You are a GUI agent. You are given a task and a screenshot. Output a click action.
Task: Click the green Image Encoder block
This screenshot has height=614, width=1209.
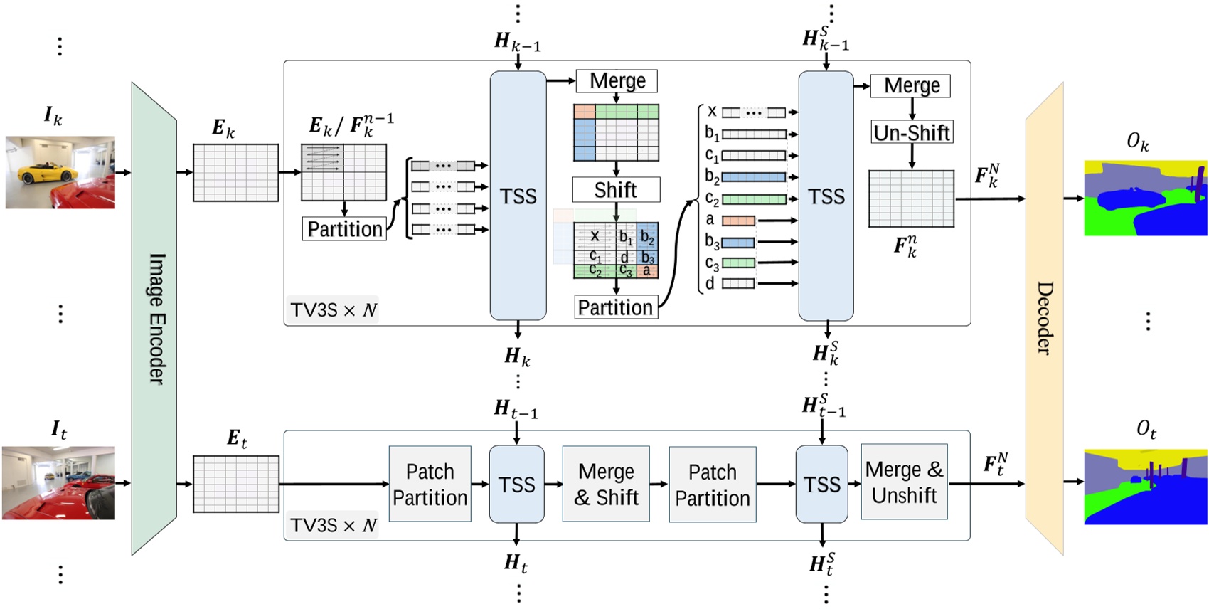154,319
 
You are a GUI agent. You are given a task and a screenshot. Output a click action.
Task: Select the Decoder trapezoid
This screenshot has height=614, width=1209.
1044,319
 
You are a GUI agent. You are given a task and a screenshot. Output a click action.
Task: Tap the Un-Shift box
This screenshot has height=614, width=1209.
912,132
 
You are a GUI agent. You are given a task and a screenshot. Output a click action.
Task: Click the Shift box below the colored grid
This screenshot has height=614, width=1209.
616,190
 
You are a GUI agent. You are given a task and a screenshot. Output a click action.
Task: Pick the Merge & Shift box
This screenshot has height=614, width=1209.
606,485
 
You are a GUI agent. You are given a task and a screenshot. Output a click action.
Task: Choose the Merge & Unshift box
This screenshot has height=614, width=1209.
904,482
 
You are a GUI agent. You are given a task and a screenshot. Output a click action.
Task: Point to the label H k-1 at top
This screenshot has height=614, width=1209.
517,41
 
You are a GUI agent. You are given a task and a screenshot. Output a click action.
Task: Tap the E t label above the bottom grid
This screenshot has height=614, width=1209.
237,438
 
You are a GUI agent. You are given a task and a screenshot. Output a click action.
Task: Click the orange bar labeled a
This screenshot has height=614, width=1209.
738,221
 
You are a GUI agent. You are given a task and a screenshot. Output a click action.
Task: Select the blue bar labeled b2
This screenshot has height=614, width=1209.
754,177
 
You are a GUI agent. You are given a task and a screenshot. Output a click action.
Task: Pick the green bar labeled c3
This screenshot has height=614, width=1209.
738,263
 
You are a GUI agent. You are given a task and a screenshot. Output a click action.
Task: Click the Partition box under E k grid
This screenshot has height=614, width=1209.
345,229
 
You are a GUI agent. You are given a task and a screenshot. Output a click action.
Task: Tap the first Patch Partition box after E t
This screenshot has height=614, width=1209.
430,485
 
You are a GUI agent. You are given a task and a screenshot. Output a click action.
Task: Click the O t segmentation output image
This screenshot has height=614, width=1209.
1145,487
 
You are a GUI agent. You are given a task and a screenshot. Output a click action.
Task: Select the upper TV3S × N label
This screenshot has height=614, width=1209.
333,310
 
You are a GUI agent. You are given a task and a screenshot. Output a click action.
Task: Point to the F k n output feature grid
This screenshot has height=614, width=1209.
911,199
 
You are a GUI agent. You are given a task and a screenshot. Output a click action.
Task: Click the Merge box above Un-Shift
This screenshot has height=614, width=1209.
911,86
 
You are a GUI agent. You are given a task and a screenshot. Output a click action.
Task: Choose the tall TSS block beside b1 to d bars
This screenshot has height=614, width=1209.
826,196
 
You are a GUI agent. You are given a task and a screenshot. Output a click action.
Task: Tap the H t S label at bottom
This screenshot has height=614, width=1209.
823,564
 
